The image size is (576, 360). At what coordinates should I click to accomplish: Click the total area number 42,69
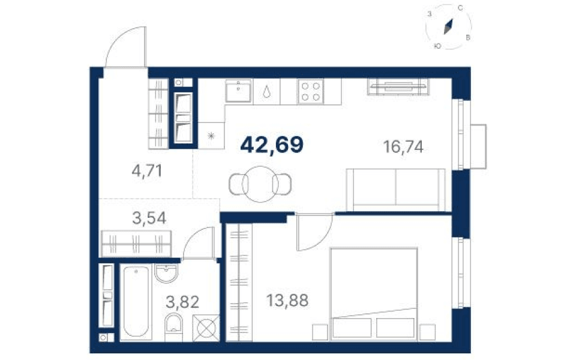[272, 145]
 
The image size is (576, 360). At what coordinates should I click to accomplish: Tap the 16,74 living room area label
[403, 147]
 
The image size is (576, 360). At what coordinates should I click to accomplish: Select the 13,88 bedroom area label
[287, 301]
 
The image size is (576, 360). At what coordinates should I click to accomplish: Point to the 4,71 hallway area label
[147, 171]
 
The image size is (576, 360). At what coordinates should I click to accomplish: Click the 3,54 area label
[149, 218]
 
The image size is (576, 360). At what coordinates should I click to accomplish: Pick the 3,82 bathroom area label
[182, 302]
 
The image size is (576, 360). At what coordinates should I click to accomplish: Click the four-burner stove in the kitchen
[310, 91]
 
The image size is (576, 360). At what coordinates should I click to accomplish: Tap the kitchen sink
[238, 91]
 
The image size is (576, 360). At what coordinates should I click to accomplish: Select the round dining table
[260, 184]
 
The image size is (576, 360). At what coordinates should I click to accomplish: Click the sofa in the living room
[395, 190]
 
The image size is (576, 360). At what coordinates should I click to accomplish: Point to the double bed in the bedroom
[374, 293]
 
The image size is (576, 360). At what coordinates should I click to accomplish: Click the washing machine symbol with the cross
[206, 328]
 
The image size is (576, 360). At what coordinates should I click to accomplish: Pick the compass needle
[449, 27]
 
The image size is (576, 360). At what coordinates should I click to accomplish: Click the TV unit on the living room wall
[398, 86]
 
